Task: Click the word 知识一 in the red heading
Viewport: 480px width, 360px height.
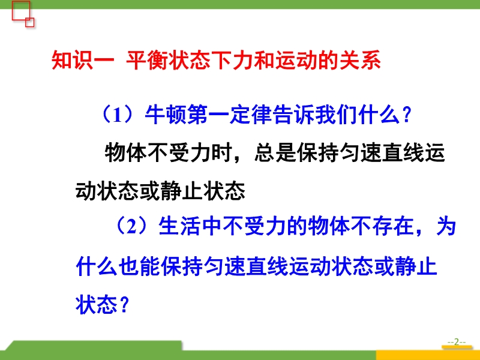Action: (83, 61)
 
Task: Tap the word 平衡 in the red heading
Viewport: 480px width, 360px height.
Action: (147, 61)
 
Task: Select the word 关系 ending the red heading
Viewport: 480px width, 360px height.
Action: (360, 61)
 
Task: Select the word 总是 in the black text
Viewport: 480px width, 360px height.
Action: (275, 152)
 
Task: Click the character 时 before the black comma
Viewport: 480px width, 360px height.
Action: (221, 152)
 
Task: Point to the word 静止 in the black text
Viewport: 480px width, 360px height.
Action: (182, 191)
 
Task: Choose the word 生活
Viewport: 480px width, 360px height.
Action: (179, 227)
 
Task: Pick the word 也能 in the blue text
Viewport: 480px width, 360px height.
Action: (139, 266)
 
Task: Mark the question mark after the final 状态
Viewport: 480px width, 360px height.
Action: (124, 305)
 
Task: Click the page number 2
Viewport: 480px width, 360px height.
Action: (457, 341)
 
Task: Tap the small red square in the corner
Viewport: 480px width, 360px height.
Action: (29, 22)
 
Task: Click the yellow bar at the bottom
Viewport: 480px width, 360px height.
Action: (428, 355)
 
